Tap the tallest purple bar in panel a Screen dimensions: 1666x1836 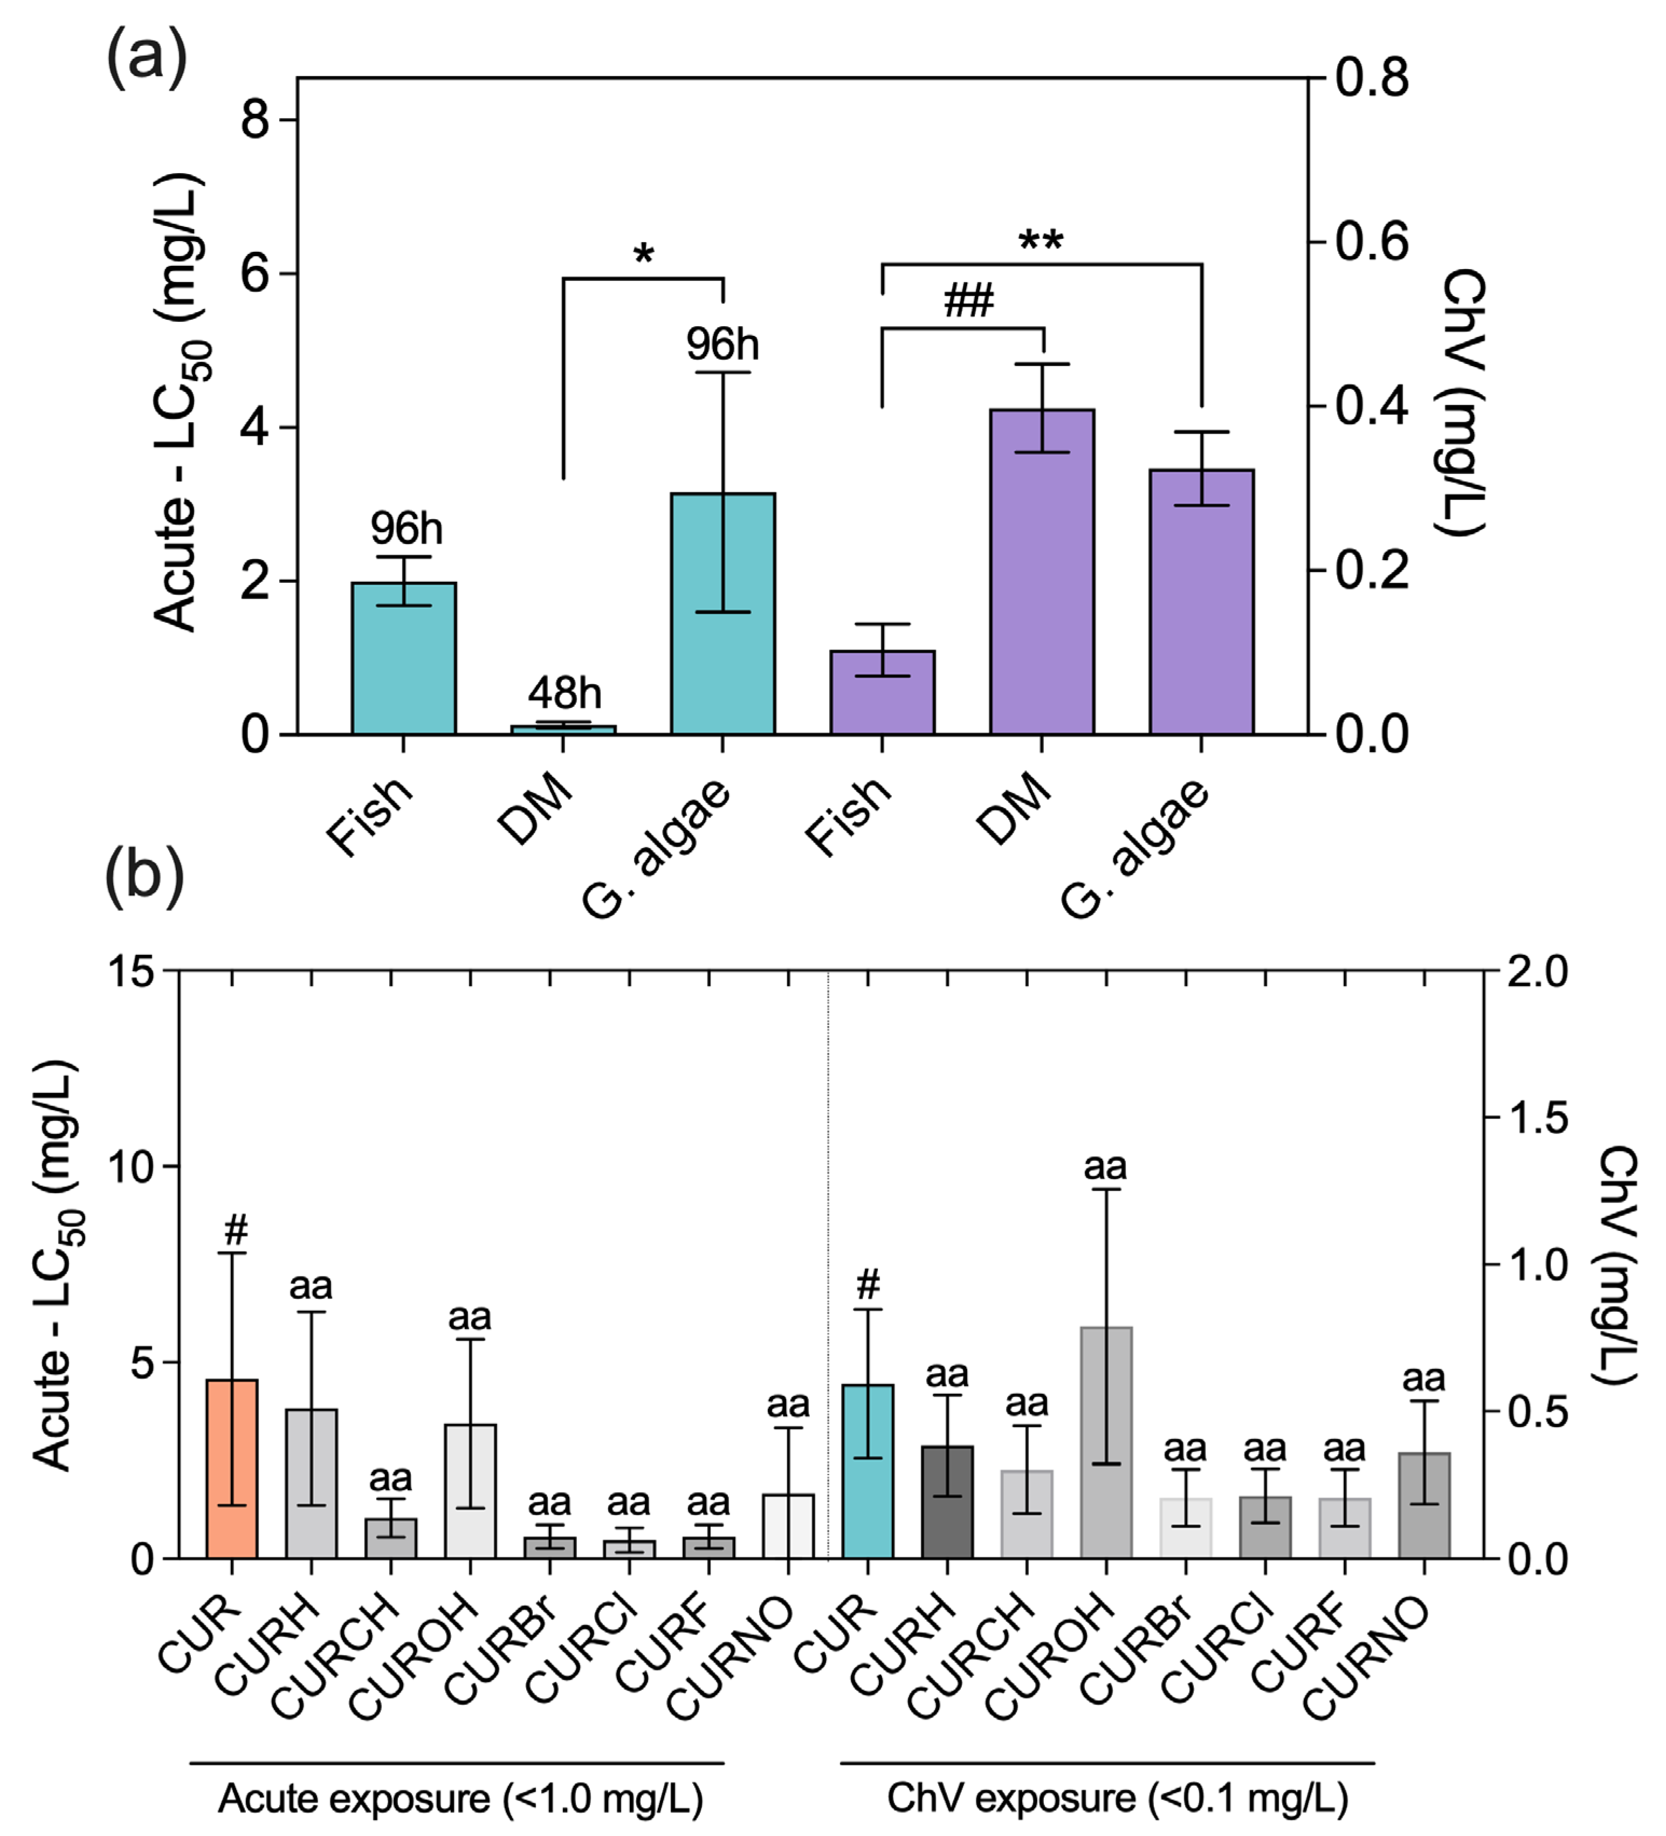1042,572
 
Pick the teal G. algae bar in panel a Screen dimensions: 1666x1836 723,614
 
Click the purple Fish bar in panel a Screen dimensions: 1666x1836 882,692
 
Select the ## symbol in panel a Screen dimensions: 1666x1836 968,300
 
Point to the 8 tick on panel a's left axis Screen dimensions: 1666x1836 255,119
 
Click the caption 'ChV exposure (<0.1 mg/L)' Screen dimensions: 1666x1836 1117,1799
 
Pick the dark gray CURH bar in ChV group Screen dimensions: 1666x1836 947,1503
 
